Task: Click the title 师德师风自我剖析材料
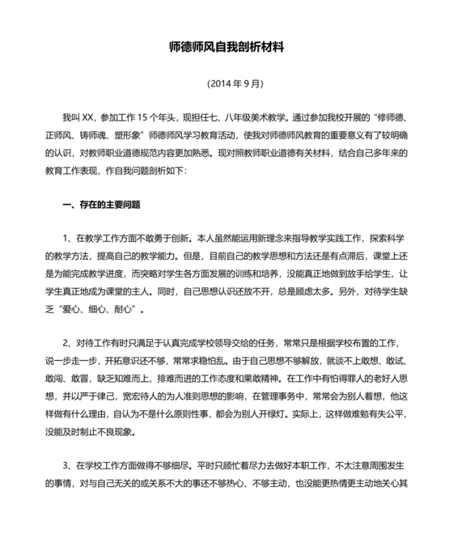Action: pos(227,48)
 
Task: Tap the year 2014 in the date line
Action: pos(221,83)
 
